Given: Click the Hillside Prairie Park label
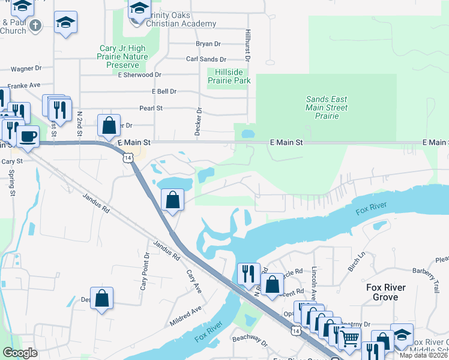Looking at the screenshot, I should (229, 76).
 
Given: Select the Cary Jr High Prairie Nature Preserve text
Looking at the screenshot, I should (122, 56).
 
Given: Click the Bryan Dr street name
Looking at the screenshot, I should (208, 44).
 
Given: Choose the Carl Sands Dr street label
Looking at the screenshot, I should (206, 59).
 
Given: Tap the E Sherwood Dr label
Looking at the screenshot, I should (140, 75).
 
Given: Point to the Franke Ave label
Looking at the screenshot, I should (24, 85).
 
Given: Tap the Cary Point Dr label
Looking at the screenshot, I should (144, 271).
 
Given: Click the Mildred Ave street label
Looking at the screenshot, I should (185, 316).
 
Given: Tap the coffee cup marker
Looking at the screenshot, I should (28, 135).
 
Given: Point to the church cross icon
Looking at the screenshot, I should (35, 25).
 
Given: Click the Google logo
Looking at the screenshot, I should (20, 353).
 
